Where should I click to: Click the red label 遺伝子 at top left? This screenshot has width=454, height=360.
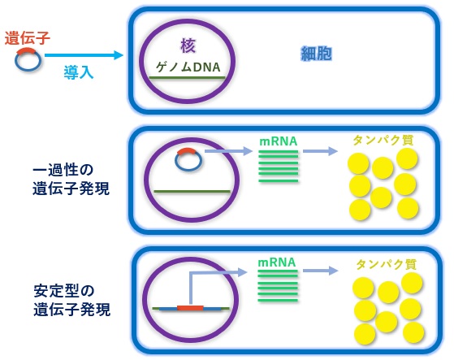tap(28, 37)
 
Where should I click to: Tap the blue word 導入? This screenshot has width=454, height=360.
tap(79, 72)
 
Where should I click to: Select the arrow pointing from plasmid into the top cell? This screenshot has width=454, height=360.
tap(81, 55)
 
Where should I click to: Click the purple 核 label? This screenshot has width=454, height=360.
tap(188, 46)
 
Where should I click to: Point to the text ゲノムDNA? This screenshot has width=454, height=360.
tap(188, 66)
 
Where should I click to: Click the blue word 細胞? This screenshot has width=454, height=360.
tap(316, 54)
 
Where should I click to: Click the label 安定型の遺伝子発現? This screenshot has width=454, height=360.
tap(71, 300)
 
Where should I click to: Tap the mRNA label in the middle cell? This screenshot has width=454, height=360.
tap(278, 141)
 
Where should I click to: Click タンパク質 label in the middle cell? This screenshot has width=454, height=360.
tap(383, 140)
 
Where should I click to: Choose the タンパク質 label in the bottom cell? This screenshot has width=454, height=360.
tap(386, 264)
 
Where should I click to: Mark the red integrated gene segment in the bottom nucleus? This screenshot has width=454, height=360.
tap(190, 309)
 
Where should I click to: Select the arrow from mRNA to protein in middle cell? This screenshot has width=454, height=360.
tap(320, 151)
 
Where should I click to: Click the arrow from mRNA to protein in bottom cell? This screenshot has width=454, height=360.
tap(319, 271)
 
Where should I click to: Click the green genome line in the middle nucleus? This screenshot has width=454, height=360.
tap(192, 191)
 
